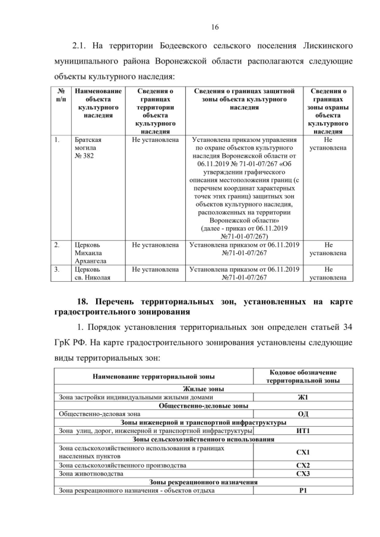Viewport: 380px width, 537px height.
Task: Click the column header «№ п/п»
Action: (x=61, y=95)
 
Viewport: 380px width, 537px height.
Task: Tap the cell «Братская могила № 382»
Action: (x=88, y=148)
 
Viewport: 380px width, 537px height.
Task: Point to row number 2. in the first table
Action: (x=57, y=244)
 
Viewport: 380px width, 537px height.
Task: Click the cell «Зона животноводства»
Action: (x=90, y=474)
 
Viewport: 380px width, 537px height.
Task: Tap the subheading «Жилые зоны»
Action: (x=203, y=389)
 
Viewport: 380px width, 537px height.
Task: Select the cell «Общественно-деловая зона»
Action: (x=100, y=414)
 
